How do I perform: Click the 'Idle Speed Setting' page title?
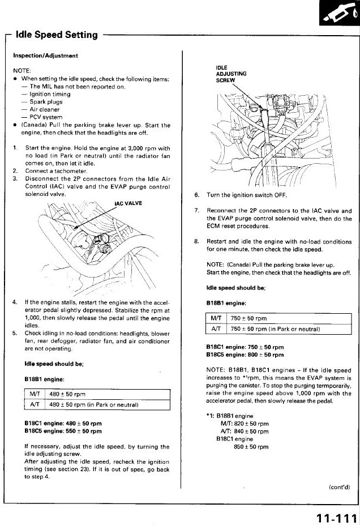tap(57, 35)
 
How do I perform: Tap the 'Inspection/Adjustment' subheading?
tap(45, 56)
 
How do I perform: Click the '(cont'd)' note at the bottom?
tap(339, 486)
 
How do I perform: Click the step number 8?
tap(196, 242)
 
